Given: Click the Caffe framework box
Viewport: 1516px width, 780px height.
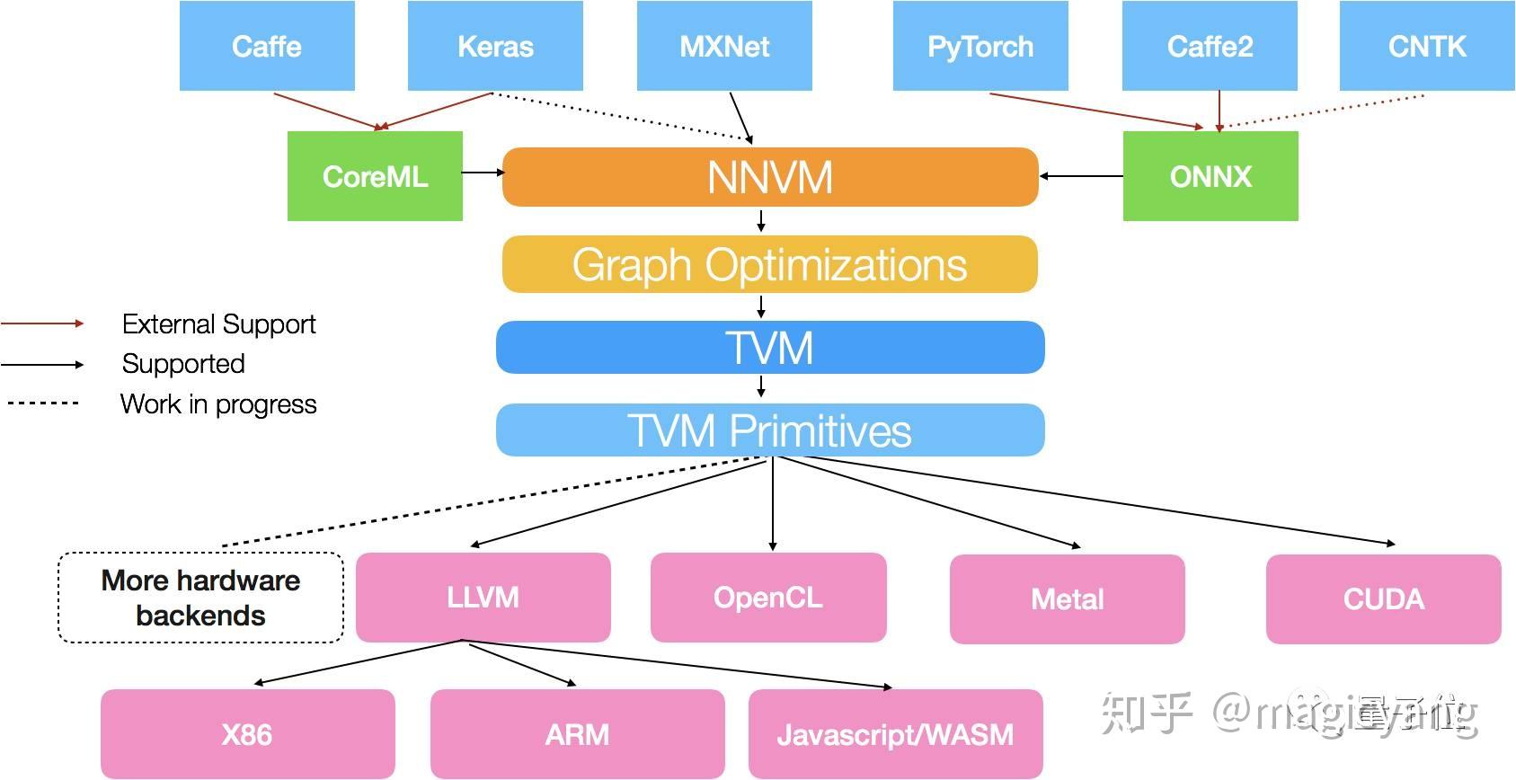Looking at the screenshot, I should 267,46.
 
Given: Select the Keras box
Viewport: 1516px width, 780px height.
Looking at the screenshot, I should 495,46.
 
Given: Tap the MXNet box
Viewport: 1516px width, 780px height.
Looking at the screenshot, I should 724,46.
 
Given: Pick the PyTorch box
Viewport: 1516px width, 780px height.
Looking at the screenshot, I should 980,46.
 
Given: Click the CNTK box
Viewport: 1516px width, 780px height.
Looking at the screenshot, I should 1426,46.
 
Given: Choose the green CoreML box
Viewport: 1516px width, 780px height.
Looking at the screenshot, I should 375,176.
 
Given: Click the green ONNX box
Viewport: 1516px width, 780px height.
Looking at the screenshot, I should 1210,176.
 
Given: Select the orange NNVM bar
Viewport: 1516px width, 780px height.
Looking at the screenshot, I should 770,177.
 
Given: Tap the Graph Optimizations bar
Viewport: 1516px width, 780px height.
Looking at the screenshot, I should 770,264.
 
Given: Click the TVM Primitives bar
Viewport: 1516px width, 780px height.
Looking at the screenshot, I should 770,430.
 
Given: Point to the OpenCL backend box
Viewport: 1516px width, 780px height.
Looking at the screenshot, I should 768,598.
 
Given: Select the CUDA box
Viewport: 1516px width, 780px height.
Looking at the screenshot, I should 1383,599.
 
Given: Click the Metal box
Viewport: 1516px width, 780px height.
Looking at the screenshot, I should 1067,599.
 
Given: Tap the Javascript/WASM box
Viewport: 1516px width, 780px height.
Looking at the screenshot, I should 895,734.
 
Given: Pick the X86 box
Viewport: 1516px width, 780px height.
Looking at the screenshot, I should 247,734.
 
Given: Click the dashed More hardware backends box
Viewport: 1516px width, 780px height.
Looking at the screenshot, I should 200,598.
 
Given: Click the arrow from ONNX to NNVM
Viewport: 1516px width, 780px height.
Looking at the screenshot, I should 1081,176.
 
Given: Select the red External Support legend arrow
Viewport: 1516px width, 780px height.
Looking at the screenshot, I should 42,324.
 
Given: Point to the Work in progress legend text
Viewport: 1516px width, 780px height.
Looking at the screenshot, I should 218,404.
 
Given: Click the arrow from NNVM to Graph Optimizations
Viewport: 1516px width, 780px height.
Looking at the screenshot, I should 761,221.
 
